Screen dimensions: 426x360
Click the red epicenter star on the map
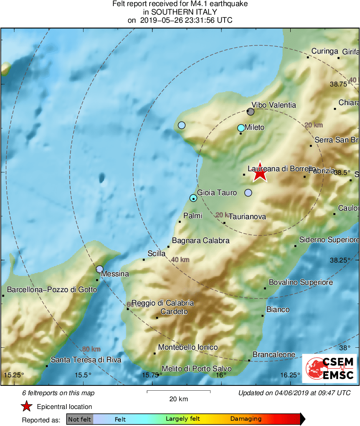pyautogui.click(x=260, y=174)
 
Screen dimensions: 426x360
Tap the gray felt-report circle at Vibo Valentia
pyautogui.click(x=251, y=112)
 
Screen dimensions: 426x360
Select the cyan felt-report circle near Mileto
pyautogui.click(x=241, y=128)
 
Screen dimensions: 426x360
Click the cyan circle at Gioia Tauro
pyautogui.click(x=193, y=198)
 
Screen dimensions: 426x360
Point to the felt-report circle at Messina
pyautogui.click(x=100, y=269)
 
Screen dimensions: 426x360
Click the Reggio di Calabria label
pyautogui.click(x=163, y=303)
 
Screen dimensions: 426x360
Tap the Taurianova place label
pyautogui.click(x=247, y=217)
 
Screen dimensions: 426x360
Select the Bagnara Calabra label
pyautogui.click(x=201, y=241)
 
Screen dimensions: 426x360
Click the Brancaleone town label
pyautogui.click(x=274, y=355)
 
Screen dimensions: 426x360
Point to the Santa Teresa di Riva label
pyautogui.click(x=86, y=360)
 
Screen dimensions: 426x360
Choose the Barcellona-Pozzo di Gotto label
pyautogui.click(x=52, y=290)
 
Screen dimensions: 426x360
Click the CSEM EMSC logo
pyautogui.click(x=330, y=368)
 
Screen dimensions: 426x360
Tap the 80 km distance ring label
pyautogui.click(x=91, y=349)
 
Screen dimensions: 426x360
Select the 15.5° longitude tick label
pyautogui.click(x=83, y=374)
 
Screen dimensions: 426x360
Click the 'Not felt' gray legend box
pyautogui.click(x=79, y=419)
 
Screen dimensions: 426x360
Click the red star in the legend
pyautogui.click(x=27, y=406)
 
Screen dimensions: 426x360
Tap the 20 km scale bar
pyautogui.click(x=178, y=392)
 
